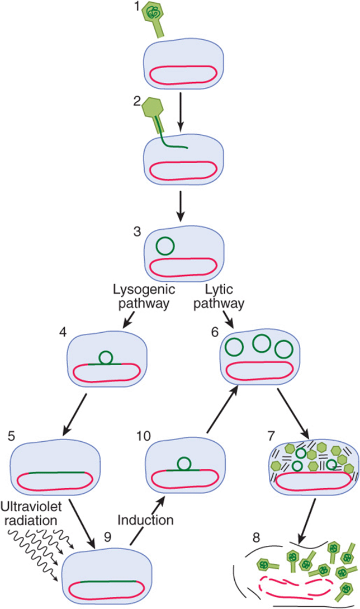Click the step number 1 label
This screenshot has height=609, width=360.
coord(137,7)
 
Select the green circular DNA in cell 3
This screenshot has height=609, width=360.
coord(165,246)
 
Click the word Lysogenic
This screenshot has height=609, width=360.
coord(144,290)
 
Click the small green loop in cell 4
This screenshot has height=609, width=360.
coord(106,357)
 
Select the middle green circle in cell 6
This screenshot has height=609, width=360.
coord(262,343)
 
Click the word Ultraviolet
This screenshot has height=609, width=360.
coord(31,507)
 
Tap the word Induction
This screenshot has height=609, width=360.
coord(145,520)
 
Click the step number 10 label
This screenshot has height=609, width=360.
coord(143,436)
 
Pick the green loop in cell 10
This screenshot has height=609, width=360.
coord(184,464)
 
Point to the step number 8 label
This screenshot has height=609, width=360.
coord(257,538)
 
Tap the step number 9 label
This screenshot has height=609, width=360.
coord(107,537)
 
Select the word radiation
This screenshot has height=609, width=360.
coord(31,520)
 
